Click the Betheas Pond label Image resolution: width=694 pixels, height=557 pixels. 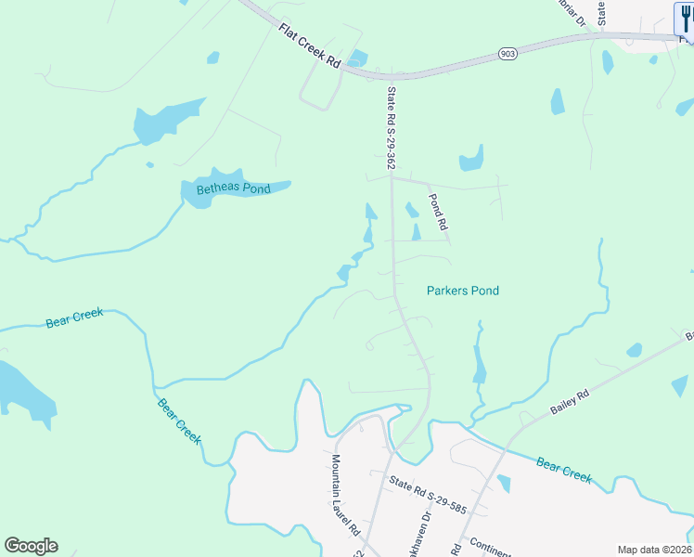[x=233, y=189]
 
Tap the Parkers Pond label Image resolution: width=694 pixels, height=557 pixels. [x=462, y=291]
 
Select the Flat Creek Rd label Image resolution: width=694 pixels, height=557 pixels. [x=310, y=45]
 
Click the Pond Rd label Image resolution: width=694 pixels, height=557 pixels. [x=438, y=212]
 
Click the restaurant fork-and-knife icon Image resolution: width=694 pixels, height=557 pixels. [x=684, y=18]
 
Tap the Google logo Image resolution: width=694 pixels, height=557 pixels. [x=31, y=546]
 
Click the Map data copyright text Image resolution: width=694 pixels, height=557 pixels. [x=655, y=550]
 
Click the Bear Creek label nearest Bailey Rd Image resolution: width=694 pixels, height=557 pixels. [x=563, y=470]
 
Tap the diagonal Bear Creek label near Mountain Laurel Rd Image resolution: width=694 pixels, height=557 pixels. [x=179, y=421]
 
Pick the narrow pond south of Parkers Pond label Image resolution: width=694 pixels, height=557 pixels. [x=479, y=364]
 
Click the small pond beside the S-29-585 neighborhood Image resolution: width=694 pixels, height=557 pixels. [x=503, y=483]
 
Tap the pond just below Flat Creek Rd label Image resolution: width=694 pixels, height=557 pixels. [x=357, y=58]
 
